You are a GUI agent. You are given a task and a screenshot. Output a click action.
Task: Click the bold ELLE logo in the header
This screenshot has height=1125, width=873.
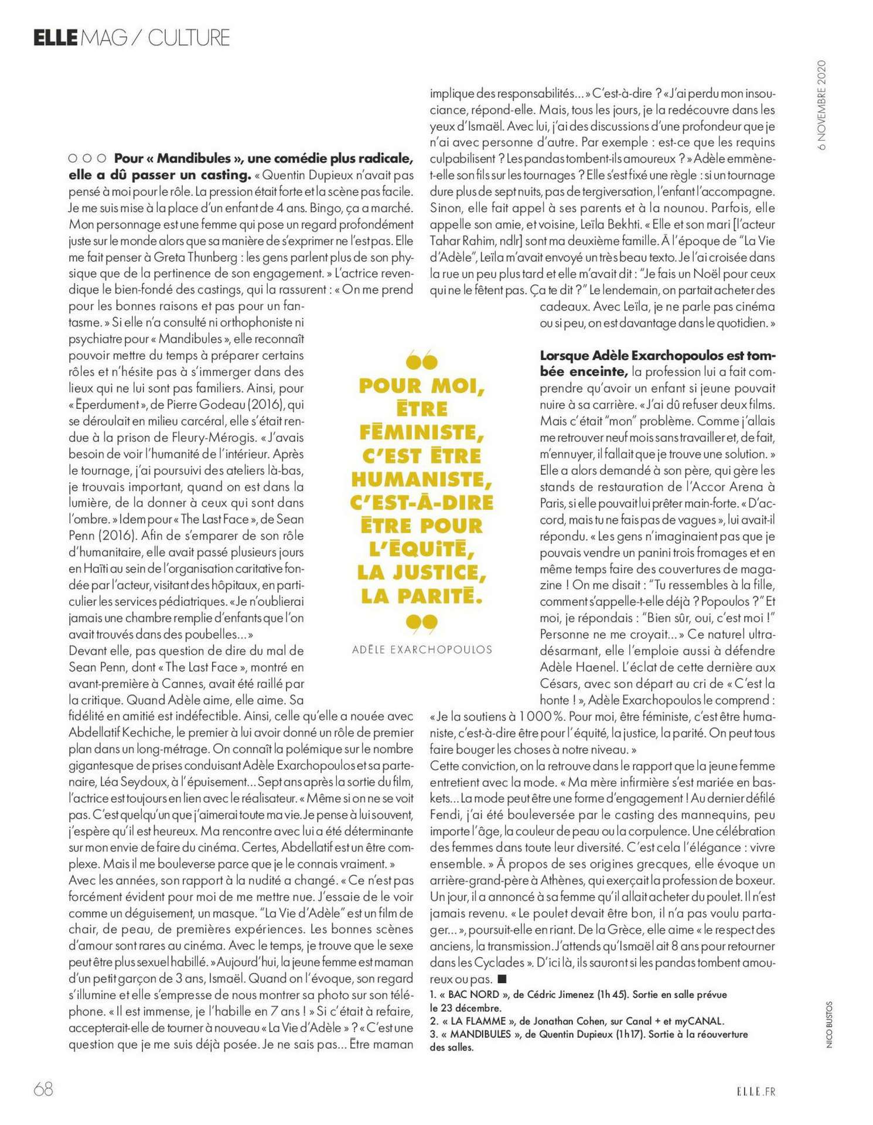pos(55,38)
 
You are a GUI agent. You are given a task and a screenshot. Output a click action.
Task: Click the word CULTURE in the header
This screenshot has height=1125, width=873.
pos(188,38)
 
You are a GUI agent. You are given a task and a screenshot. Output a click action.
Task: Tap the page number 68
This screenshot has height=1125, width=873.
pos(43,1089)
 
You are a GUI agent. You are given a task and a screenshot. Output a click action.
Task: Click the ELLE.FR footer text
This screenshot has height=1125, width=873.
pos(755,1091)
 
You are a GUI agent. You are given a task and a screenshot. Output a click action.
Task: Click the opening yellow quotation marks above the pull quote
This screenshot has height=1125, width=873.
pos(421,360)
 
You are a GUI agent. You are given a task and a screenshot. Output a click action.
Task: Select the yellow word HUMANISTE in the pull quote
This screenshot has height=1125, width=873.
pos(422,479)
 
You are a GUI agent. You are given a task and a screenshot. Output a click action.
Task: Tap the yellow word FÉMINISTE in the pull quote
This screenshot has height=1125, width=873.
pos(422,432)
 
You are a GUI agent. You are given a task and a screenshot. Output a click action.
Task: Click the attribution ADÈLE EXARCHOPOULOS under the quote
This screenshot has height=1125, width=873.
pos(422,650)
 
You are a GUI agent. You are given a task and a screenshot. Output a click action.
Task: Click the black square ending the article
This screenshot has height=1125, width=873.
pos(502,979)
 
